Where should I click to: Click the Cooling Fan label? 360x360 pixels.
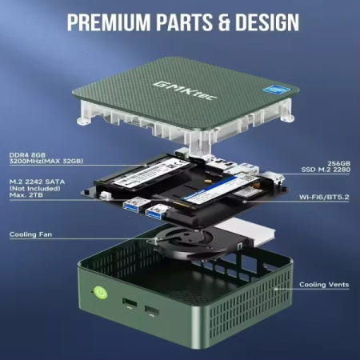31,234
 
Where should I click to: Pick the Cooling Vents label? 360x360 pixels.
323,284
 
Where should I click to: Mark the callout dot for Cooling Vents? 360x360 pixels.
278,283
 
